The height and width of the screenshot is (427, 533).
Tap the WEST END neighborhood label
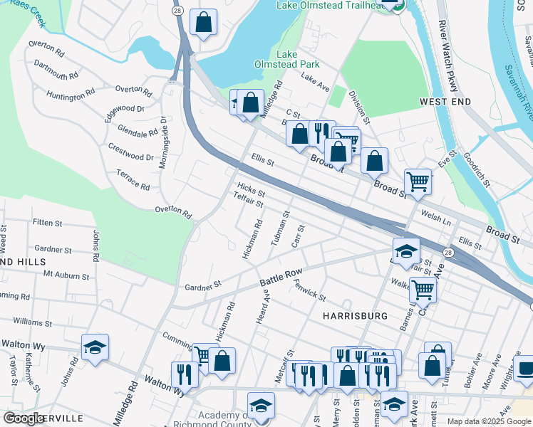click(445, 102)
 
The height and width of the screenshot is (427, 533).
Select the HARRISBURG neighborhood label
click(354, 315)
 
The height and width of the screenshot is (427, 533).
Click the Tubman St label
click(281, 228)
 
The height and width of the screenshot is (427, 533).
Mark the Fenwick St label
click(309, 289)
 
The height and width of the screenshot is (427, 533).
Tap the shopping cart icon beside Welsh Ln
click(417, 181)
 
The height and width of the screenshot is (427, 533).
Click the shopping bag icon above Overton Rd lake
click(203, 21)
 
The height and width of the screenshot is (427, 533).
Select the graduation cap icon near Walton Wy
click(95, 347)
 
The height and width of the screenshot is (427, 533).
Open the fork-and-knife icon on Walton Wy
click(185, 374)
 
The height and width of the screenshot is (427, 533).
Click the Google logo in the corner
click(24, 418)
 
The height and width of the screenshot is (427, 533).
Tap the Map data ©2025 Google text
click(489, 421)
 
